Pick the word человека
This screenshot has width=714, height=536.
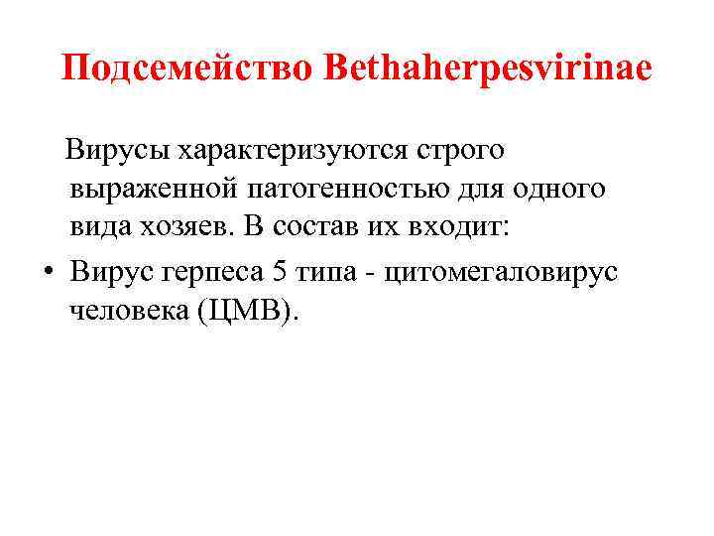click(128, 311)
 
